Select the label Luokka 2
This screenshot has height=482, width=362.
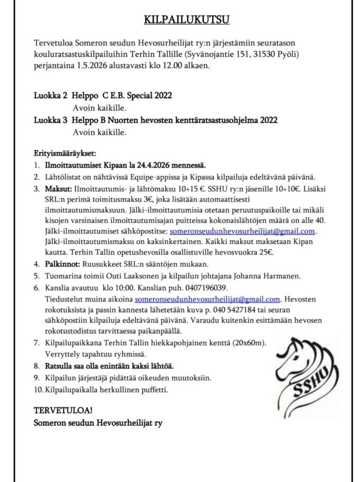pyautogui.click(x=50, y=96)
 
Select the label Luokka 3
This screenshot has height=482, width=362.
pyautogui.click(x=50, y=120)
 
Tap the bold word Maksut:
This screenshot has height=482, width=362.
pyautogui.click(x=58, y=189)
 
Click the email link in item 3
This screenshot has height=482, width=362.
pyautogui.click(x=242, y=232)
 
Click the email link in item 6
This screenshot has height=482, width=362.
pyautogui.click(x=207, y=299)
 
